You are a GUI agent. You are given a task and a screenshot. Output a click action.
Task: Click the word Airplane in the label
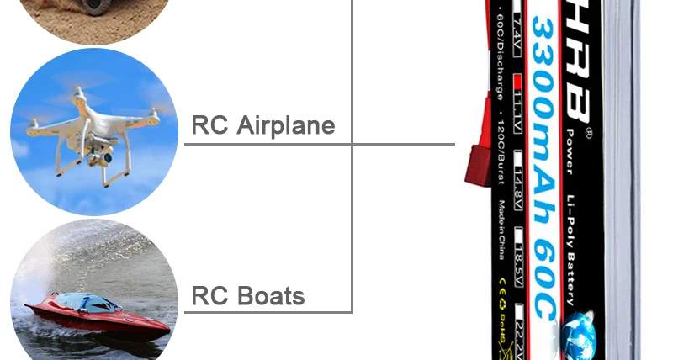tap(286, 125)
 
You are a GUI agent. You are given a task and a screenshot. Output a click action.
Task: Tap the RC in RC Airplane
tap(210, 125)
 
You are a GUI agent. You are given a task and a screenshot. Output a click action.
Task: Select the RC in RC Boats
tap(210, 296)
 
